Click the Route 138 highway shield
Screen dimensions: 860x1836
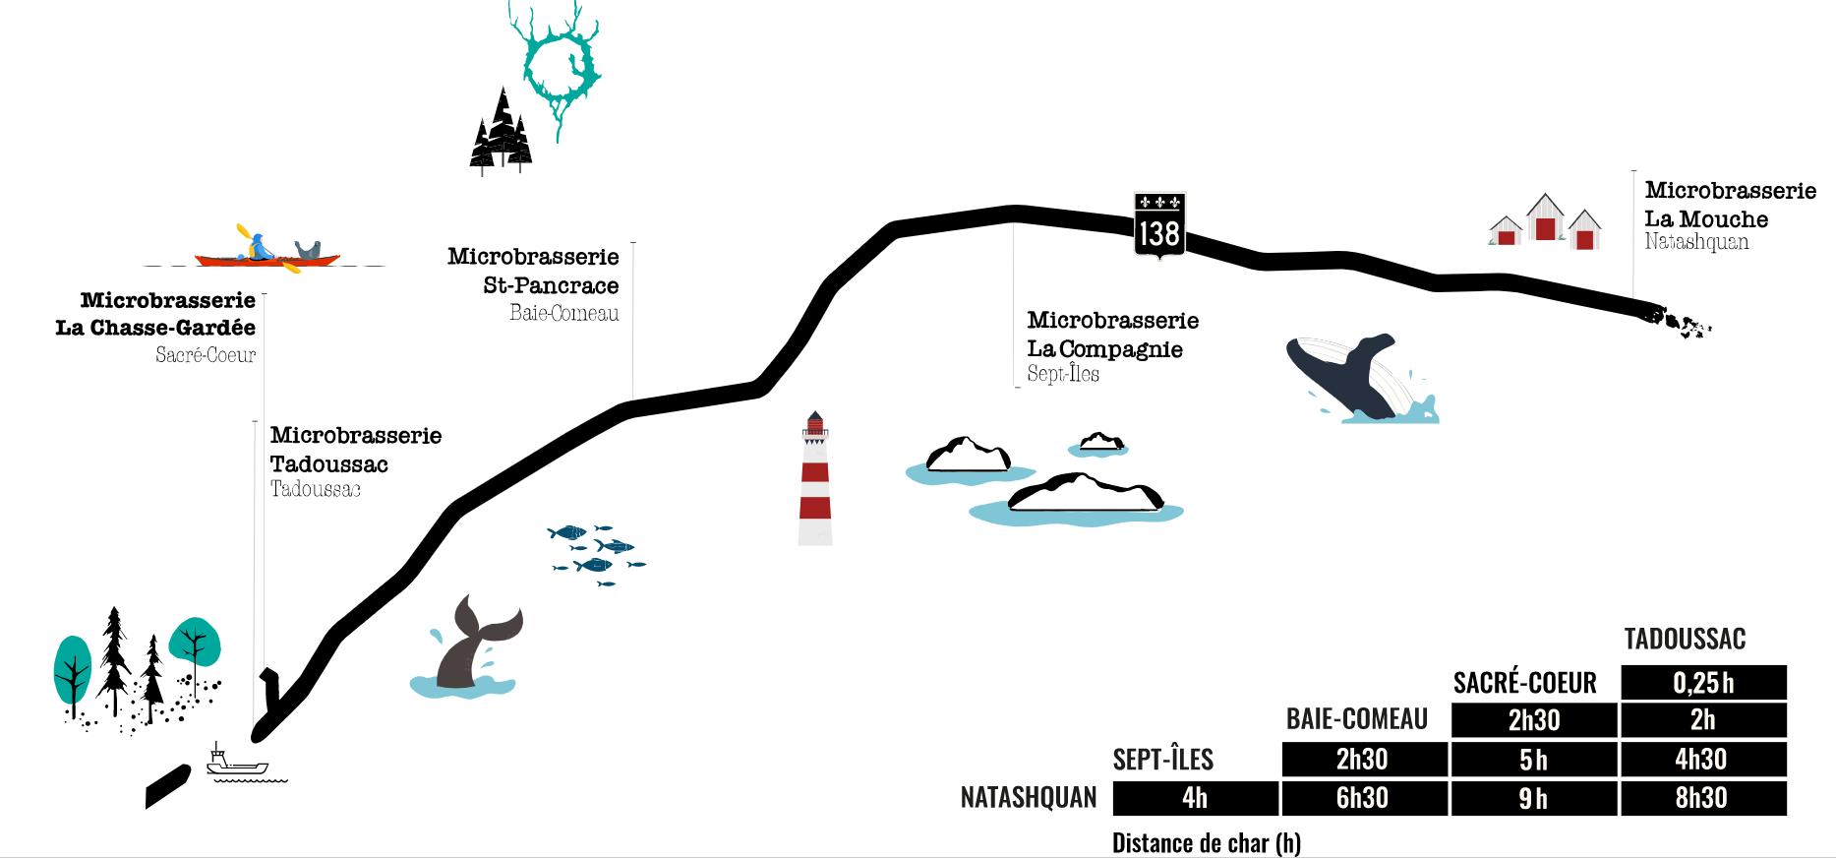pyautogui.click(x=1159, y=225)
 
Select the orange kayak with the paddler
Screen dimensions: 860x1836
pyautogui.click(x=267, y=254)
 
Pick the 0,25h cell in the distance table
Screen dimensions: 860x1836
pyautogui.click(x=1703, y=683)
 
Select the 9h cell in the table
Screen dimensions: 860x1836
pyautogui.click(x=1533, y=798)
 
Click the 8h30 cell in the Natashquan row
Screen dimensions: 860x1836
pyautogui.click(x=1703, y=798)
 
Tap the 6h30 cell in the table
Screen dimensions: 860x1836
pyautogui.click(x=1363, y=798)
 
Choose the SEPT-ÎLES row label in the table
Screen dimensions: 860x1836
pyautogui.click(x=1162, y=760)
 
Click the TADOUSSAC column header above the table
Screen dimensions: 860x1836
pyautogui.click(x=1685, y=640)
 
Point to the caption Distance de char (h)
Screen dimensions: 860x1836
pyautogui.click(x=1206, y=843)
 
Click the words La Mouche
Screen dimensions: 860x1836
pyautogui.click(x=1706, y=219)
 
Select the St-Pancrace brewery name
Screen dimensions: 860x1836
pyautogui.click(x=551, y=285)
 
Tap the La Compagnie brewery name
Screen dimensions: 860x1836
pyautogui.click(x=1104, y=349)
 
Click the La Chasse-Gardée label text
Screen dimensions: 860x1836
pyautogui.click(x=155, y=328)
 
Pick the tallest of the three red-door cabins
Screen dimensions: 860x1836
pyautogui.click(x=1545, y=217)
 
